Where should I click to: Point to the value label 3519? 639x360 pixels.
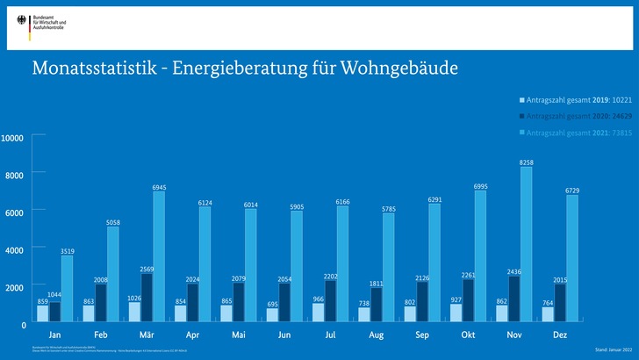click(67, 252)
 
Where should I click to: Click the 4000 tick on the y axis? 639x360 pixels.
click(15, 250)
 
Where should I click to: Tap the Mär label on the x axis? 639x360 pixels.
click(147, 335)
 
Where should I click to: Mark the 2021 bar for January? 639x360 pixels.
click(67, 290)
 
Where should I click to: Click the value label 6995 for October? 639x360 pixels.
click(480, 187)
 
